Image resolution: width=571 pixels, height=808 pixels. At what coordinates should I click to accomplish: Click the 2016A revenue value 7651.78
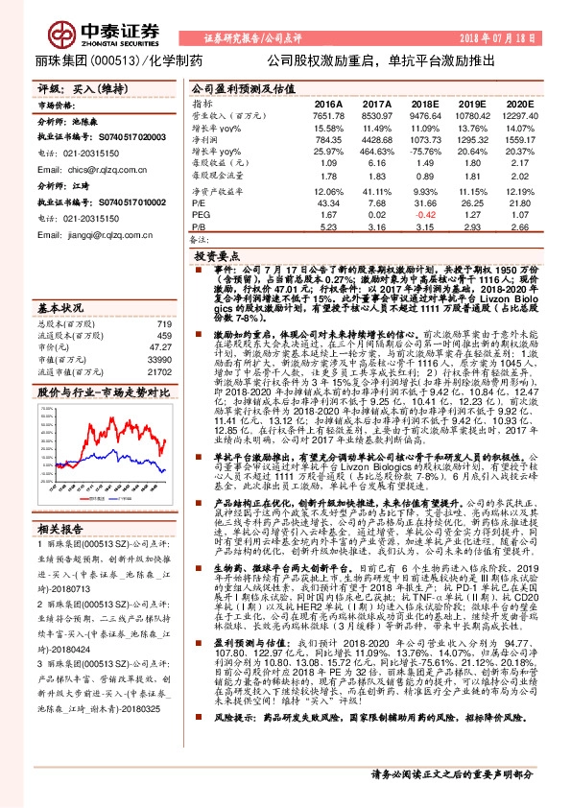click(x=327, y=114)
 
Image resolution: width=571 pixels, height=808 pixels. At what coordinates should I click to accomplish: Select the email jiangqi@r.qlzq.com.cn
click(x=106, y=234)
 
